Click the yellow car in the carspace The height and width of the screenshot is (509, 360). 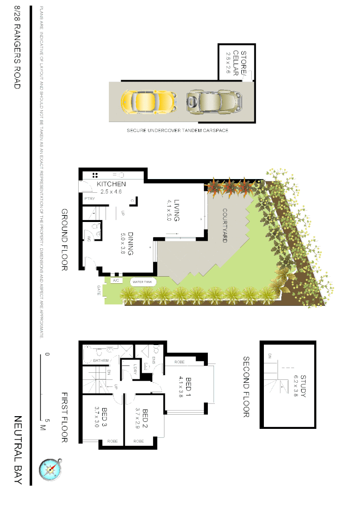pyautogui.click(x=148, y=100)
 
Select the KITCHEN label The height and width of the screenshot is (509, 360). pyautogui.click(x=111, y=184)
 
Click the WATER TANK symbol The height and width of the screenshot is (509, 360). pyautogui.click(x=142, y=282)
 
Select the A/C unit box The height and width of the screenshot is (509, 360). pyautogui.click(x=116, y=281)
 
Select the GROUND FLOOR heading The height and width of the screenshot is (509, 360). pyautogui.click(x=65, y=240)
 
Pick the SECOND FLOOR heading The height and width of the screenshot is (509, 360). pyautogui.click(x=246, y=386)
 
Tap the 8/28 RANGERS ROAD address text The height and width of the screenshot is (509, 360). pyautogui.click(x=17, y=47)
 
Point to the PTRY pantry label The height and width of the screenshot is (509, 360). pyautogui.click(x=90, y=199)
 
